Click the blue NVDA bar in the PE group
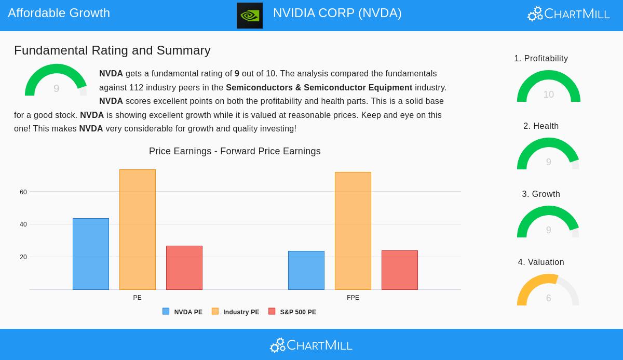click(x=91, y=254)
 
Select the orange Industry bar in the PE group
click(x=138, y=230)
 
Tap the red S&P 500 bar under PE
click(x=184, y=268)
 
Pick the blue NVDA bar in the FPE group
click(x=306, y=270)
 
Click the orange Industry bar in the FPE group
click(x=353, y=231)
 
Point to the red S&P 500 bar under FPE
click(x=400, y=270)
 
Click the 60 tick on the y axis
click(x=23, y=192)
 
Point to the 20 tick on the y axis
click(x=23, y=257)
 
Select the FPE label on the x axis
click(x=353, y=298)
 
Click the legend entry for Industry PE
click(x=236, y=312)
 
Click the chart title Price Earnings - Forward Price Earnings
click(x=235, y=151)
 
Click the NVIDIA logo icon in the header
click(x=250, y=16)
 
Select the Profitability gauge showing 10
click(x=549, y=87)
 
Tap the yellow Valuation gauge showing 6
click(x=548, y=291)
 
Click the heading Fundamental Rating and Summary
click(x=112, y=50)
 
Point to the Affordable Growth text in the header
click(x=59, y=13)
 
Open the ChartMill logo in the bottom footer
click(x=311, y=345)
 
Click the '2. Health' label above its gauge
click(x=541, y=126)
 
